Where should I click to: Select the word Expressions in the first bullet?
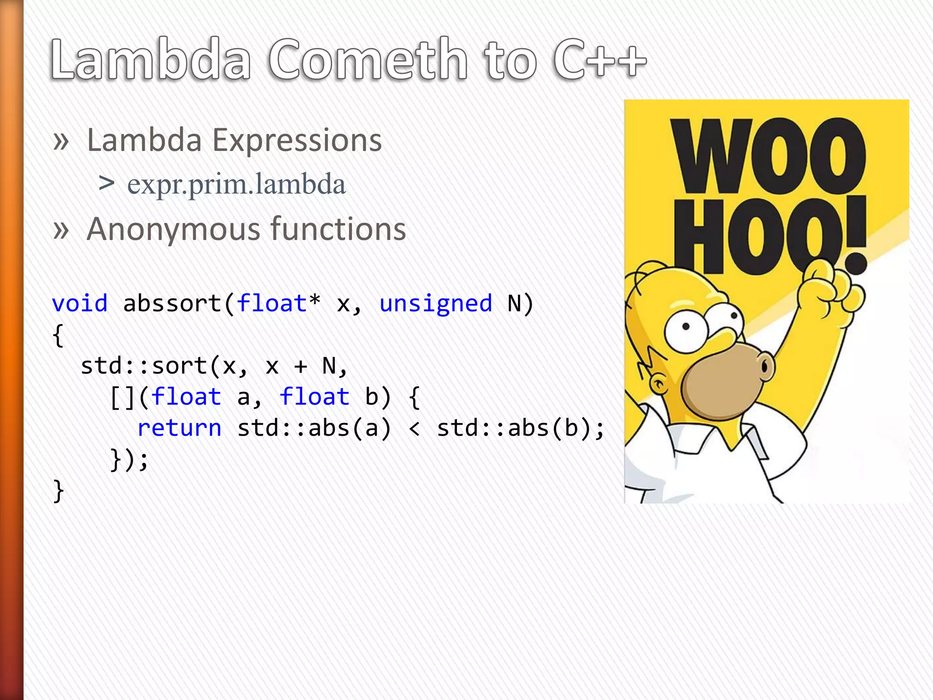297,140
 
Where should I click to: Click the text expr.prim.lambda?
236,185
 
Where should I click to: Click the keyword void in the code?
80,304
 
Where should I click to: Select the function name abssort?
172,304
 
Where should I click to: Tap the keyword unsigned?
436,304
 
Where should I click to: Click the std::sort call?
144,366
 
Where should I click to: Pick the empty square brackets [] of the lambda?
123,397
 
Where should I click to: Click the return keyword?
179,428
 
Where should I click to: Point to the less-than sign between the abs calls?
414,428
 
